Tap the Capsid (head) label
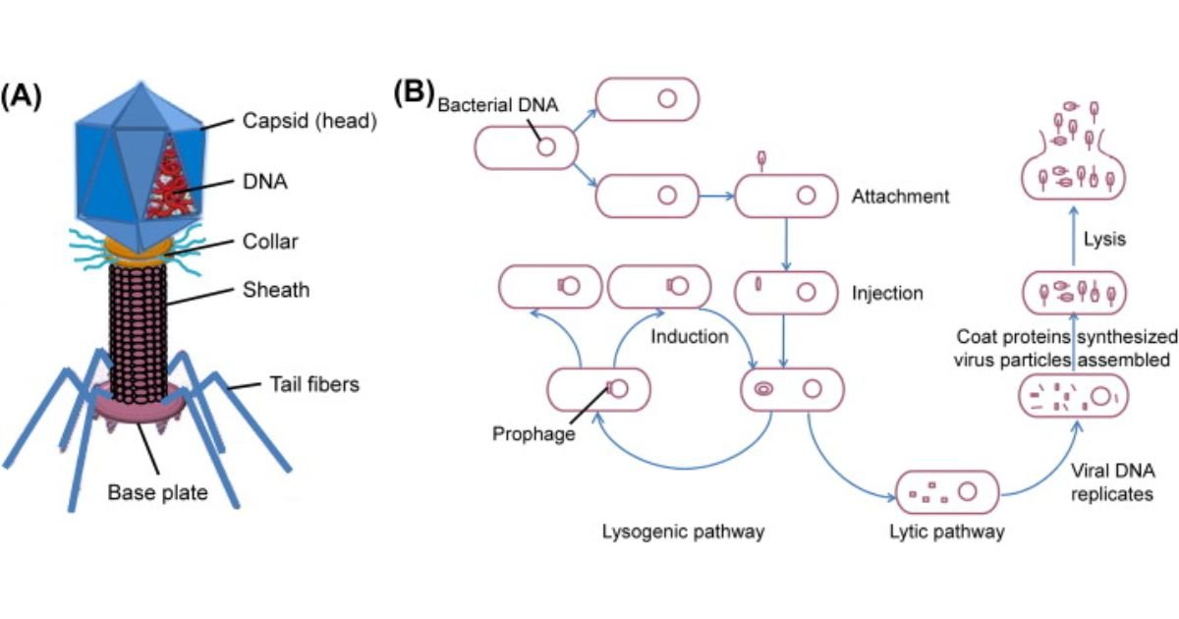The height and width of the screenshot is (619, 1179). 298,123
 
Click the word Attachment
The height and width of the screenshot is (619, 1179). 901,197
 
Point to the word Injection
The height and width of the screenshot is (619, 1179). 888,293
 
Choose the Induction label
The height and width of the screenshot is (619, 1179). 689,337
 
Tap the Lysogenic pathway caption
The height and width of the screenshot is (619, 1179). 683,532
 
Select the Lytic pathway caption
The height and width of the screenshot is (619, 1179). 950,532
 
